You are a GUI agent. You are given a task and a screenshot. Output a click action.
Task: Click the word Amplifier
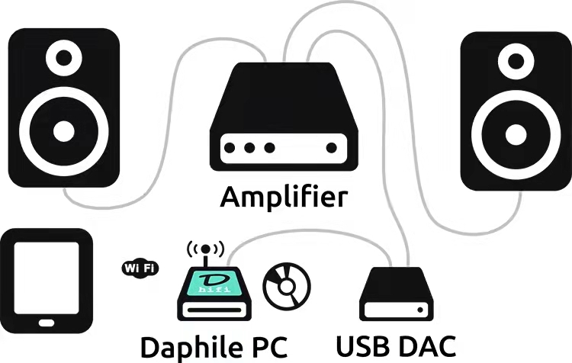[284, 197]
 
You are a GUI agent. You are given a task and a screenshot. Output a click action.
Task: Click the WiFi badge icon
[140, 268]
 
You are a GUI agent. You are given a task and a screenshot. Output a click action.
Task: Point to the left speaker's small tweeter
[63, 56]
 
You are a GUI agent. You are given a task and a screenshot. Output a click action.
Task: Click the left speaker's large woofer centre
[63, 130]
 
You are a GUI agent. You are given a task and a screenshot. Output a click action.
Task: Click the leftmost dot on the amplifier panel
[232, 148]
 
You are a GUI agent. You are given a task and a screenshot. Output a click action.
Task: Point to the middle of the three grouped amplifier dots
[250, 148]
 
